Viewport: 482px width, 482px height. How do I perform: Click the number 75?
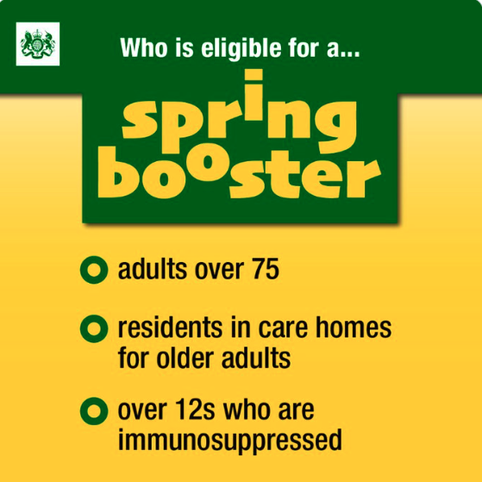(x=263, y=272)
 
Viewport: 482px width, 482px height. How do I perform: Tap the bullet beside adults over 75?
(x=91, y=272)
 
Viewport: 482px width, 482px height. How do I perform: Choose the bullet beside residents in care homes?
(x=91, y=329)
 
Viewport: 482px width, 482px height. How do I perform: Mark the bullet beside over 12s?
(x=91, y=408)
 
